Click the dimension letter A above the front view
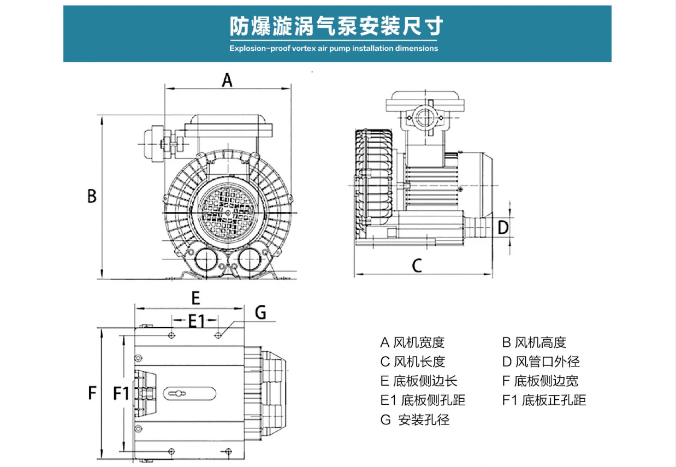(x=227, y=80)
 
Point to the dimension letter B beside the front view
(x=92, y=196)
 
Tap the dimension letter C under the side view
(x=417, y=265)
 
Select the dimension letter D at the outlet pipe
(x=503, y=227)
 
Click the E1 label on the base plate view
(x=197, y=321)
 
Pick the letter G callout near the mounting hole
(x=260, y=312)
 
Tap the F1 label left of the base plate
(x=121, y=393)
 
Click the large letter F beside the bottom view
(x=92, y=393)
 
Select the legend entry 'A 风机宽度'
(x=412, y=342)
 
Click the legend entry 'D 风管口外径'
(x=541, y=362)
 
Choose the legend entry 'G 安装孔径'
(x=415, y=419)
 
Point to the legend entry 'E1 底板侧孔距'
(x=423, y=400)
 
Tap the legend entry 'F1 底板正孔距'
(x=544, y=400)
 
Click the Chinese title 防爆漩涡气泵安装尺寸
(x=336, y=26)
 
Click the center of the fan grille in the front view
(x=228, y=213)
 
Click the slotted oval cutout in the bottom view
(x=189, y=394)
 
